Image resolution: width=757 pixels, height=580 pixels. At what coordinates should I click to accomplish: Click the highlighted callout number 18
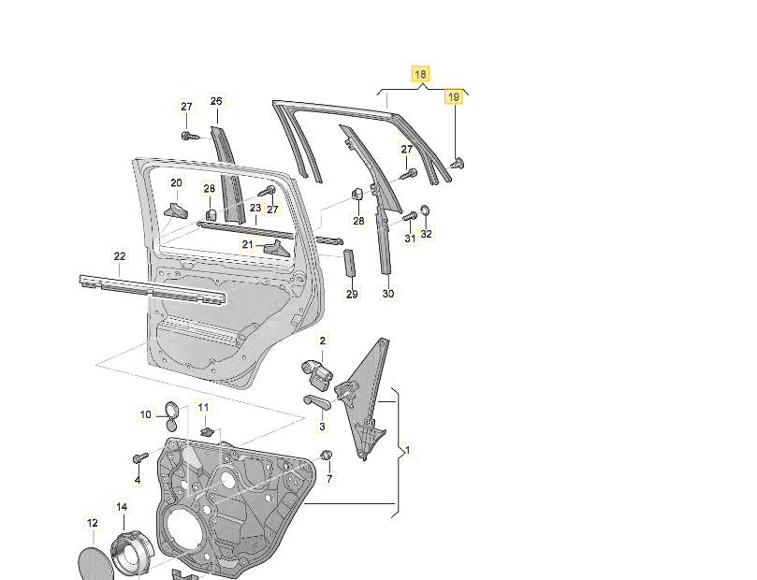[420, 74]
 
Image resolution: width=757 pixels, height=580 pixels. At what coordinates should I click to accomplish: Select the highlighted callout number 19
[453, 96]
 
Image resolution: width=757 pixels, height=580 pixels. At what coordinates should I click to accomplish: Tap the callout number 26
[216, 101]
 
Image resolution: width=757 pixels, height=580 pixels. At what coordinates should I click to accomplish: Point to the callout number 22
[119, 256]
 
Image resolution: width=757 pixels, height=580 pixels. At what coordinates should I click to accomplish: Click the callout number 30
[388, 294]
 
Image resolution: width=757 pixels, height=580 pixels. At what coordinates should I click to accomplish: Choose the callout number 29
[352, 295]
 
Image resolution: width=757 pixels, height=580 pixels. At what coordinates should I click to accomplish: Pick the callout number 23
[228, 208]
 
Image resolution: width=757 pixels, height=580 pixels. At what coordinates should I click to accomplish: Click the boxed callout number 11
[204, 407]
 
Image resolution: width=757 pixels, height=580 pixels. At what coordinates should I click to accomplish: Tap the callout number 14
[121, 507]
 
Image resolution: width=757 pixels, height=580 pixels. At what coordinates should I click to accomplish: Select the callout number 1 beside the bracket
[408, 451]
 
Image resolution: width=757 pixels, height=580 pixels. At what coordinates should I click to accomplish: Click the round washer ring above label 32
[424, 211]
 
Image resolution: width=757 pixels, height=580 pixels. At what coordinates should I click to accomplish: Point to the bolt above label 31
[409, 218]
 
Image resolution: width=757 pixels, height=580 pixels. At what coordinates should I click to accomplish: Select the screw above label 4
[139, 457]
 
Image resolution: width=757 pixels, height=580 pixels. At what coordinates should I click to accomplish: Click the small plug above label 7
[327, 456]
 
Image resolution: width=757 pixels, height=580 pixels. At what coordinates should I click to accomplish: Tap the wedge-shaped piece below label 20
[175, 210]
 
